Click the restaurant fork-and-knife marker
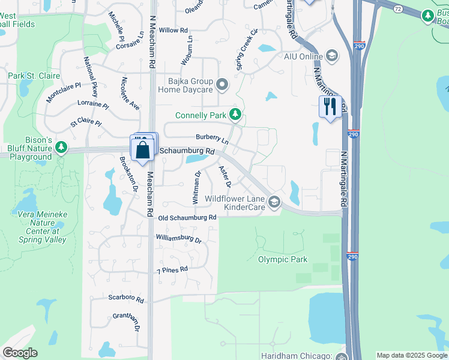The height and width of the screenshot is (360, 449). (330, 107)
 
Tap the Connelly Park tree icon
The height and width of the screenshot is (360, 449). (236, 114)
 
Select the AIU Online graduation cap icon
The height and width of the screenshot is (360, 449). (331, 57)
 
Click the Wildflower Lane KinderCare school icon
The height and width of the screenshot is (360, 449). (274, 202)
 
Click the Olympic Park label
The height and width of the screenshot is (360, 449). (283, 259)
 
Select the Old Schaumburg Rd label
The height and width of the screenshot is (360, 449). (187, 218)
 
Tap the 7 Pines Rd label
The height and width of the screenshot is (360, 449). (172, 270)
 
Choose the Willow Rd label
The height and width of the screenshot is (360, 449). (173, 30)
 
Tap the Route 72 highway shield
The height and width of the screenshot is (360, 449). (398, 9)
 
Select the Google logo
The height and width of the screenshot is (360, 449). (20, 353)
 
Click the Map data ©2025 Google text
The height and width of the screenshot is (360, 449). (411, 355)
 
